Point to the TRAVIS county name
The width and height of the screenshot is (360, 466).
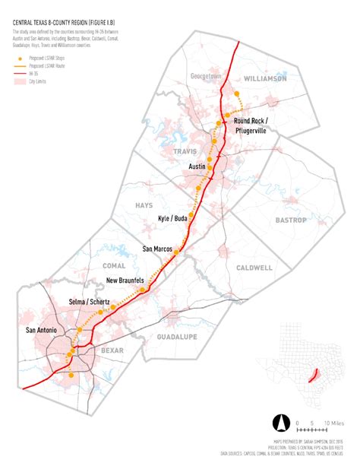(x=185, y=151)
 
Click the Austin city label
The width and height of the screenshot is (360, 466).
(x=198, y=166)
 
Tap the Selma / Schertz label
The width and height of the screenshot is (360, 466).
(x=89, y=302)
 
